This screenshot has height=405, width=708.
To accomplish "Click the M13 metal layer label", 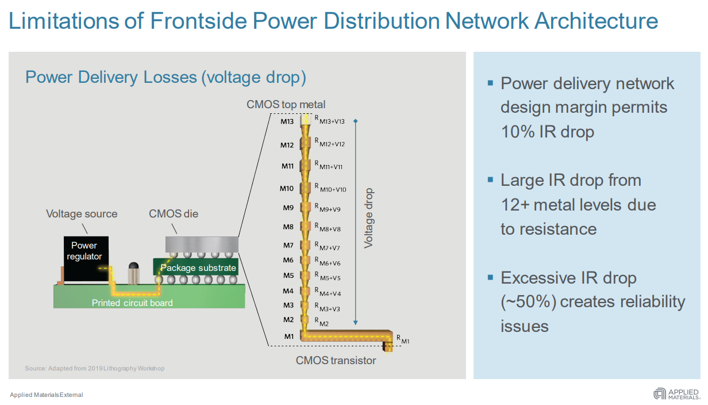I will point(287,122).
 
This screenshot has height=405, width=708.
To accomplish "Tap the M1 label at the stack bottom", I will point(288,336).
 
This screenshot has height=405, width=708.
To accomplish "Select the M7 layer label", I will point(288,245).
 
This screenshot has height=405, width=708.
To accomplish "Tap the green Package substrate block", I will point(195,268).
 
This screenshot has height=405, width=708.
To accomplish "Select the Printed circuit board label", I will point(132,303).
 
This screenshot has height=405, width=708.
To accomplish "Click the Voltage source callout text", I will point(82,214).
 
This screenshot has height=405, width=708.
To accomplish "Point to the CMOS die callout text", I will point(174,214).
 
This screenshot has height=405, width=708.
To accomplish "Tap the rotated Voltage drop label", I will point(368,219).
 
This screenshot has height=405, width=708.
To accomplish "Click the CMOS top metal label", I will point(286,104).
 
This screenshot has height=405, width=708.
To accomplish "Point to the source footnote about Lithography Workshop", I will point(95,368).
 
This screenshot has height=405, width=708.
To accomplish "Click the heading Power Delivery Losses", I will point(166,78).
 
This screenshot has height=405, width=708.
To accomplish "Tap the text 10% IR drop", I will point(547,132).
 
